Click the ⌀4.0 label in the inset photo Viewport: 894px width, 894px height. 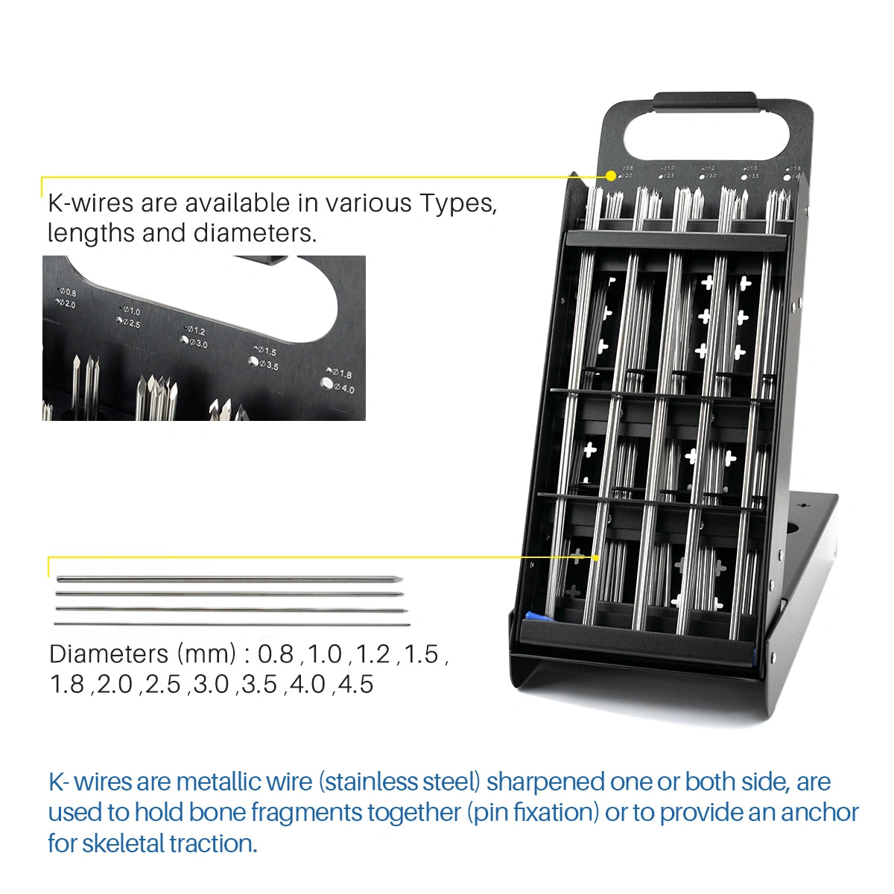coord(343,389)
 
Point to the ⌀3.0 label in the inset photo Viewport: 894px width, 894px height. coord(197,343)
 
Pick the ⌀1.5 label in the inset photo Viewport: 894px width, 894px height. coord(266,351)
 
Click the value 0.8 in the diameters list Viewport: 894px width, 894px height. coord(276,654)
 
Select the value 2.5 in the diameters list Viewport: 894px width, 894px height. coord(162,684)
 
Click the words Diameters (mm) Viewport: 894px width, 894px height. coord(142,654)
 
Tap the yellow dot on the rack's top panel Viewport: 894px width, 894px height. coord(611,176)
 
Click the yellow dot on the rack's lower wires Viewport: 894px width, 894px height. coord(596,557)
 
